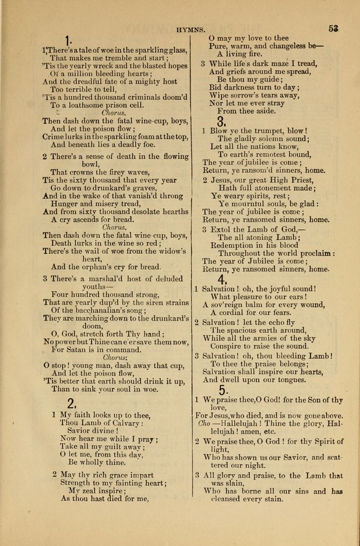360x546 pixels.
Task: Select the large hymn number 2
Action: (71, 402)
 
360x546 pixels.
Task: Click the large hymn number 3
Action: (222, 121)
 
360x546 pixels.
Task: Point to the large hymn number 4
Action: (222, 280)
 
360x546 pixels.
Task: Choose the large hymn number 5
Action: (223, 390)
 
